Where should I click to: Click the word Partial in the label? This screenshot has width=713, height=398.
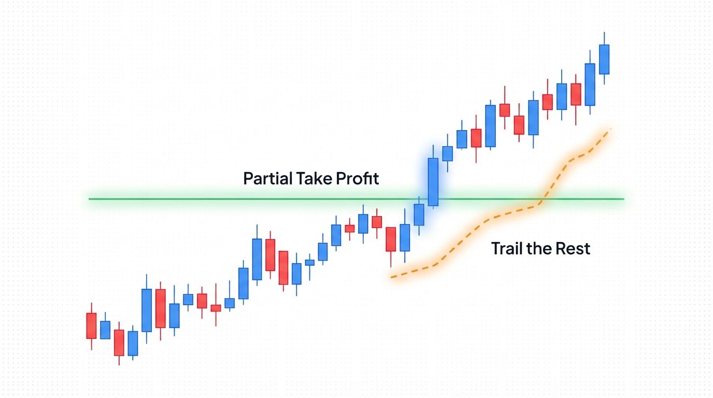(x=267, y=179)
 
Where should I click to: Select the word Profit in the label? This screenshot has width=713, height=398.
(x=358, y=179)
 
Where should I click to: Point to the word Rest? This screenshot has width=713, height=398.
(x=573, y=249)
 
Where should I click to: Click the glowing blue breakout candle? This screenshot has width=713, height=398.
(x=433, y=182)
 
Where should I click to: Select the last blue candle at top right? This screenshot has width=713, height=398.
(x=604, y=59)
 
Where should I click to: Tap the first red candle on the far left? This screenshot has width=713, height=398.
(x=91, y=325)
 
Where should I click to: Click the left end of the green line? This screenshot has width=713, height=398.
(x=90, y=199)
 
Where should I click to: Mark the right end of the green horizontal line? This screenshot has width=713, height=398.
(x=623, y=199)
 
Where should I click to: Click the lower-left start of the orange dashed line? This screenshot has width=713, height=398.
(x=392, y=277)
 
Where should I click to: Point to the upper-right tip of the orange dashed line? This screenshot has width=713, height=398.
(x=611, y=128)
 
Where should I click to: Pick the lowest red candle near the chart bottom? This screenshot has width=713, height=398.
(x=119, y=343)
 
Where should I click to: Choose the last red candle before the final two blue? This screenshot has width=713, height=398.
(x=576, y=94)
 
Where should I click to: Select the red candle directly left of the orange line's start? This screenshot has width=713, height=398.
(x=391, y=239)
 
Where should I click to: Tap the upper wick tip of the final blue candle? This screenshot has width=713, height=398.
(x=604, y=33)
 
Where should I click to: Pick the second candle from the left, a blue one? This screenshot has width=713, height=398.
(x=105, y=330)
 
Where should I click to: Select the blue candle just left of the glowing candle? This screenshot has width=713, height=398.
(x=419, y=215)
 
